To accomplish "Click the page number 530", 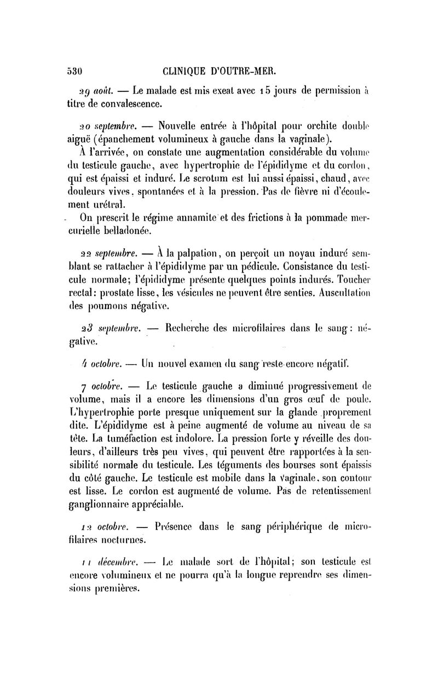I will pos(74,71).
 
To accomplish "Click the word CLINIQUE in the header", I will pos(187,71).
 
